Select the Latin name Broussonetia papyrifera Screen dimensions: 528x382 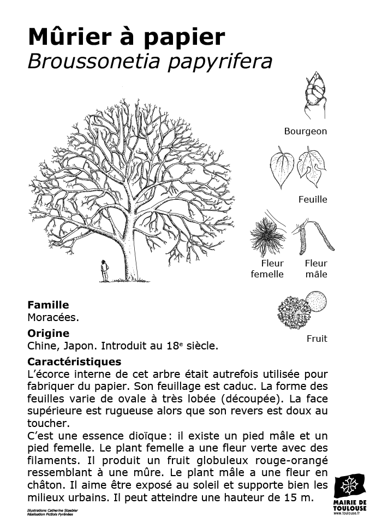click(150, 62)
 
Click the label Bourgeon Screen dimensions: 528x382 click(306, 131)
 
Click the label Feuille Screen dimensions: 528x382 click(313, 199)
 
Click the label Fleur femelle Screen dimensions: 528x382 click(267, 269)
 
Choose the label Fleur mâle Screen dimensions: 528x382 click(316, 269)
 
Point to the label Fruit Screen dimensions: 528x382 click(317, 339)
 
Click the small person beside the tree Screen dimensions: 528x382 click(104, 271)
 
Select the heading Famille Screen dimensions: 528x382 click(48, 305)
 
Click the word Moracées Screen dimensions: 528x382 click(53, 317)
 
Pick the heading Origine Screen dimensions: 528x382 click(48, 333)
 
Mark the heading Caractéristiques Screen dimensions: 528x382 click(74, 361)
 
